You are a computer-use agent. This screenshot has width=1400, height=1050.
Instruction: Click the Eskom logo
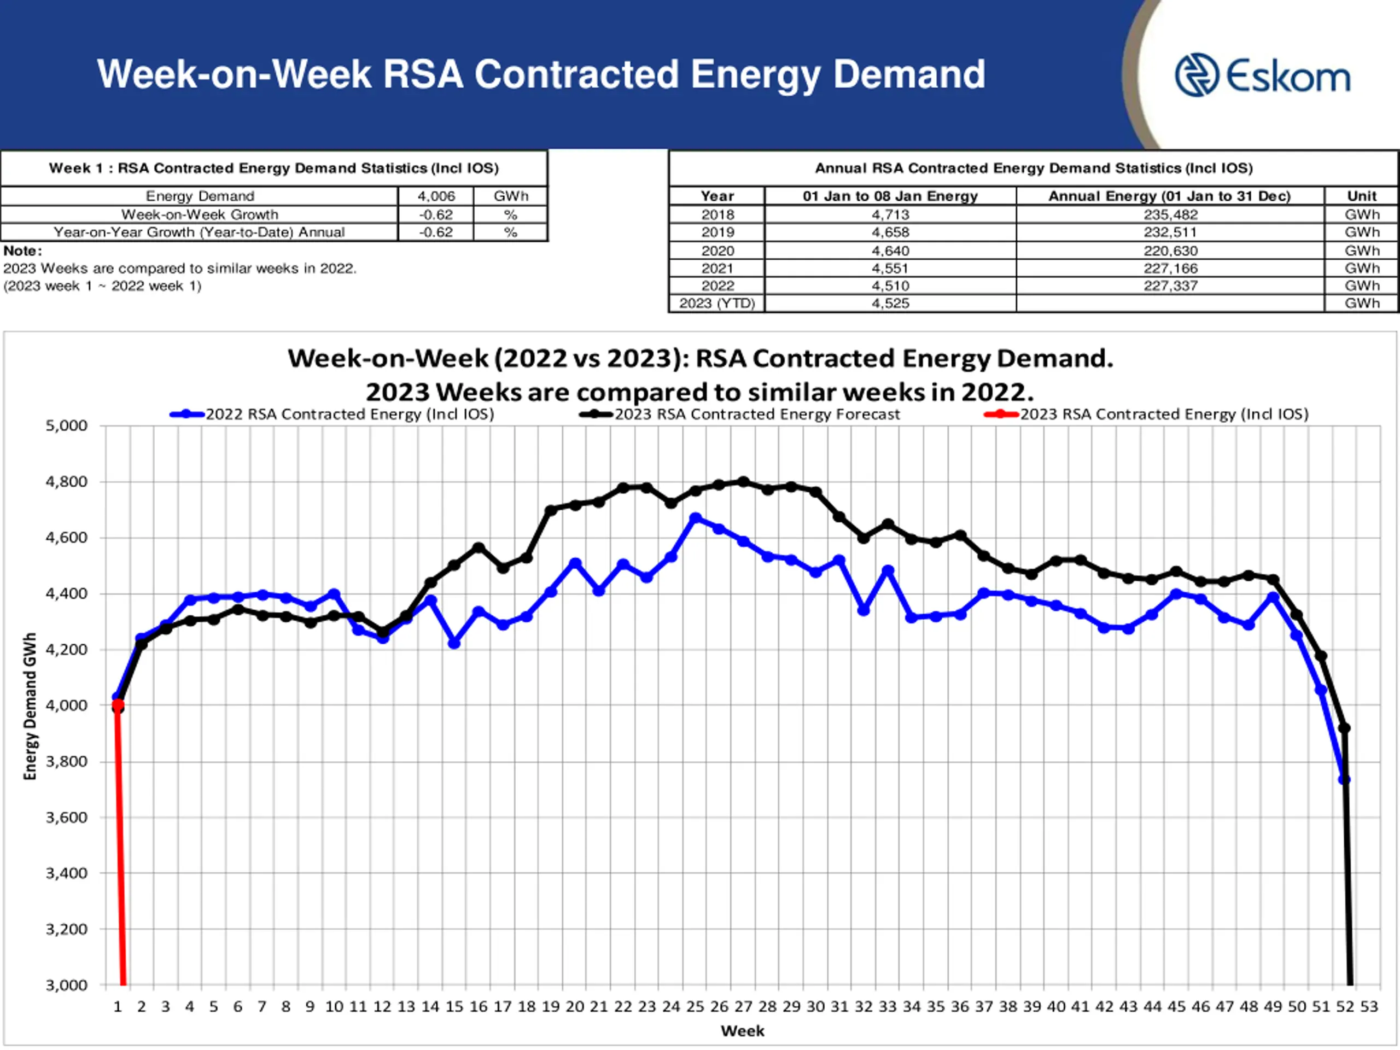point(1262,75)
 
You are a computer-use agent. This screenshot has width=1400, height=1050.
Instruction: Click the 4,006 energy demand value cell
point(436,196)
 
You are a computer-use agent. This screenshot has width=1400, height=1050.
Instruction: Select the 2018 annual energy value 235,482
point(1170,214)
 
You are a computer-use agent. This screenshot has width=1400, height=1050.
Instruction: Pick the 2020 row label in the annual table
point(717,250)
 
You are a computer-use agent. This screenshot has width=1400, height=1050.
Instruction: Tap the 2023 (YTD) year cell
point(717,303)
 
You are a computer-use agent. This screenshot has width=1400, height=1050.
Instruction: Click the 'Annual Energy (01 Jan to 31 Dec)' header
point(1170,196)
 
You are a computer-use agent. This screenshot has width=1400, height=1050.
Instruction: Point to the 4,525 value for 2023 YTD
point(890,303)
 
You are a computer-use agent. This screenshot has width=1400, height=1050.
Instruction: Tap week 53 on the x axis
point(1369,1007)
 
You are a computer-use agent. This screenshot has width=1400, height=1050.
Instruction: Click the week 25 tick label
point(695,1007)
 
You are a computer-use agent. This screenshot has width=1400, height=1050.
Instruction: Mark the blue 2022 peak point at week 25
point(695,518)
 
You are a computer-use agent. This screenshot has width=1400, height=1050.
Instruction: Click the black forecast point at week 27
point(744,482)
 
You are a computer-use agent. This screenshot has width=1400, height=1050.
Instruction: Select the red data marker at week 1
point(118,704)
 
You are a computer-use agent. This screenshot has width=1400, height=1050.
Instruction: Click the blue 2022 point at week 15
point(454,643)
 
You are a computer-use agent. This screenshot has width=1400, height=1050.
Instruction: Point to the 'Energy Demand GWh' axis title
point(30,705)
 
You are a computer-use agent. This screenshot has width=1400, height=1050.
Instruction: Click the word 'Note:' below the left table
point(23,250)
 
